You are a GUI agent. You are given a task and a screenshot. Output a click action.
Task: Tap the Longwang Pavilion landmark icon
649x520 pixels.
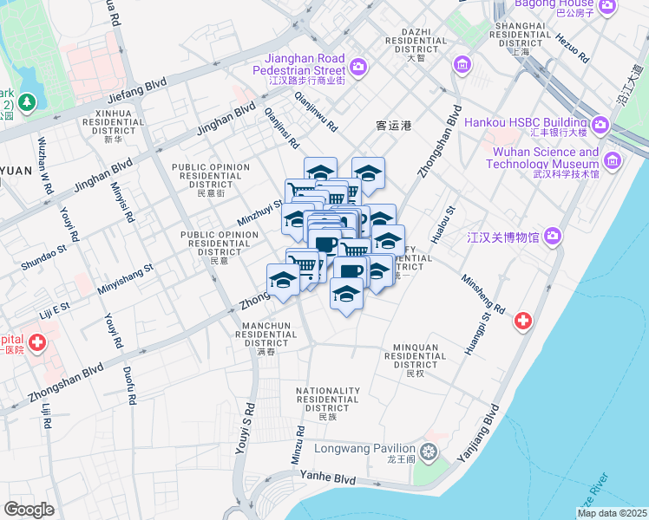[428, 452]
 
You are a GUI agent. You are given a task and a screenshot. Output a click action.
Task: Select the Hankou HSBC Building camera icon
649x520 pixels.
[600, 127]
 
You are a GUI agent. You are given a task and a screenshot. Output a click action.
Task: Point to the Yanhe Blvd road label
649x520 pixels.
[328, 478]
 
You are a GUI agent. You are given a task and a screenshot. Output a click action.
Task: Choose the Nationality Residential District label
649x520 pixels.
[327, 403]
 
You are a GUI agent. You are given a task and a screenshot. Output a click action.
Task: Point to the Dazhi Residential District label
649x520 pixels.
[416, 41]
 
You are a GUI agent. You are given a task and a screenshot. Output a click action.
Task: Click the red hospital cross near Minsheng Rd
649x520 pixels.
[523, 321]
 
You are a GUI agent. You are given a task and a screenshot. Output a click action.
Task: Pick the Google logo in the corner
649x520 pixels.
[29, 509]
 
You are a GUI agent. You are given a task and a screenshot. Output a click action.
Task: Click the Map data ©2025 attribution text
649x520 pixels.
[612, 513]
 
